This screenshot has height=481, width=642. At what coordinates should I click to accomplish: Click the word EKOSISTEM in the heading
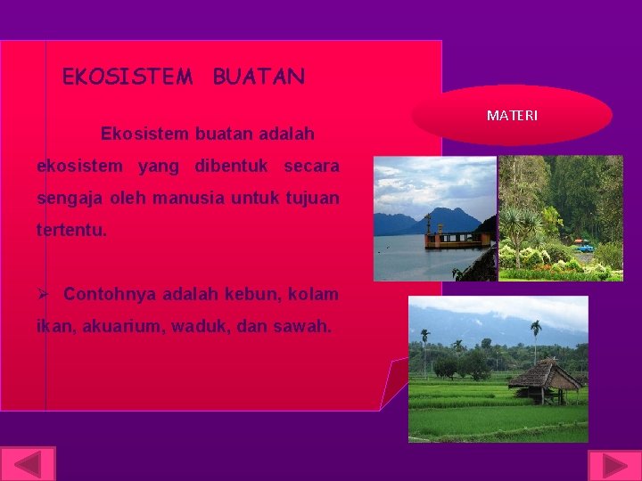(x=127, y=77)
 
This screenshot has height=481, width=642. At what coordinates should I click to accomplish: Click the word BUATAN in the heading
(x=259, y=77)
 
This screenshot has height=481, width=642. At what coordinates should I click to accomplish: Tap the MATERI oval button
(x=512, y=116)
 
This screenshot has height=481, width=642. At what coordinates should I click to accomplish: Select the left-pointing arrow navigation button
(x=28, y=465)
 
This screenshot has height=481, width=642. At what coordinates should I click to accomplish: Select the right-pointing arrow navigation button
(x=613, y=466)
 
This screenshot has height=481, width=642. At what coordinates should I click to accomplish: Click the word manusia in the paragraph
(x=192, y=198)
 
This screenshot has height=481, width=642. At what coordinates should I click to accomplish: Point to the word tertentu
(x=71, y=230)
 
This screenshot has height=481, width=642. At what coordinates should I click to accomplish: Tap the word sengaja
(x=67, y=198)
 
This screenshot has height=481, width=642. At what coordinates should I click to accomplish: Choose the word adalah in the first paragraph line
(x=285, y=135)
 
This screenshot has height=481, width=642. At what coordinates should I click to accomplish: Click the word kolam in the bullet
(x=313, y=293)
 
